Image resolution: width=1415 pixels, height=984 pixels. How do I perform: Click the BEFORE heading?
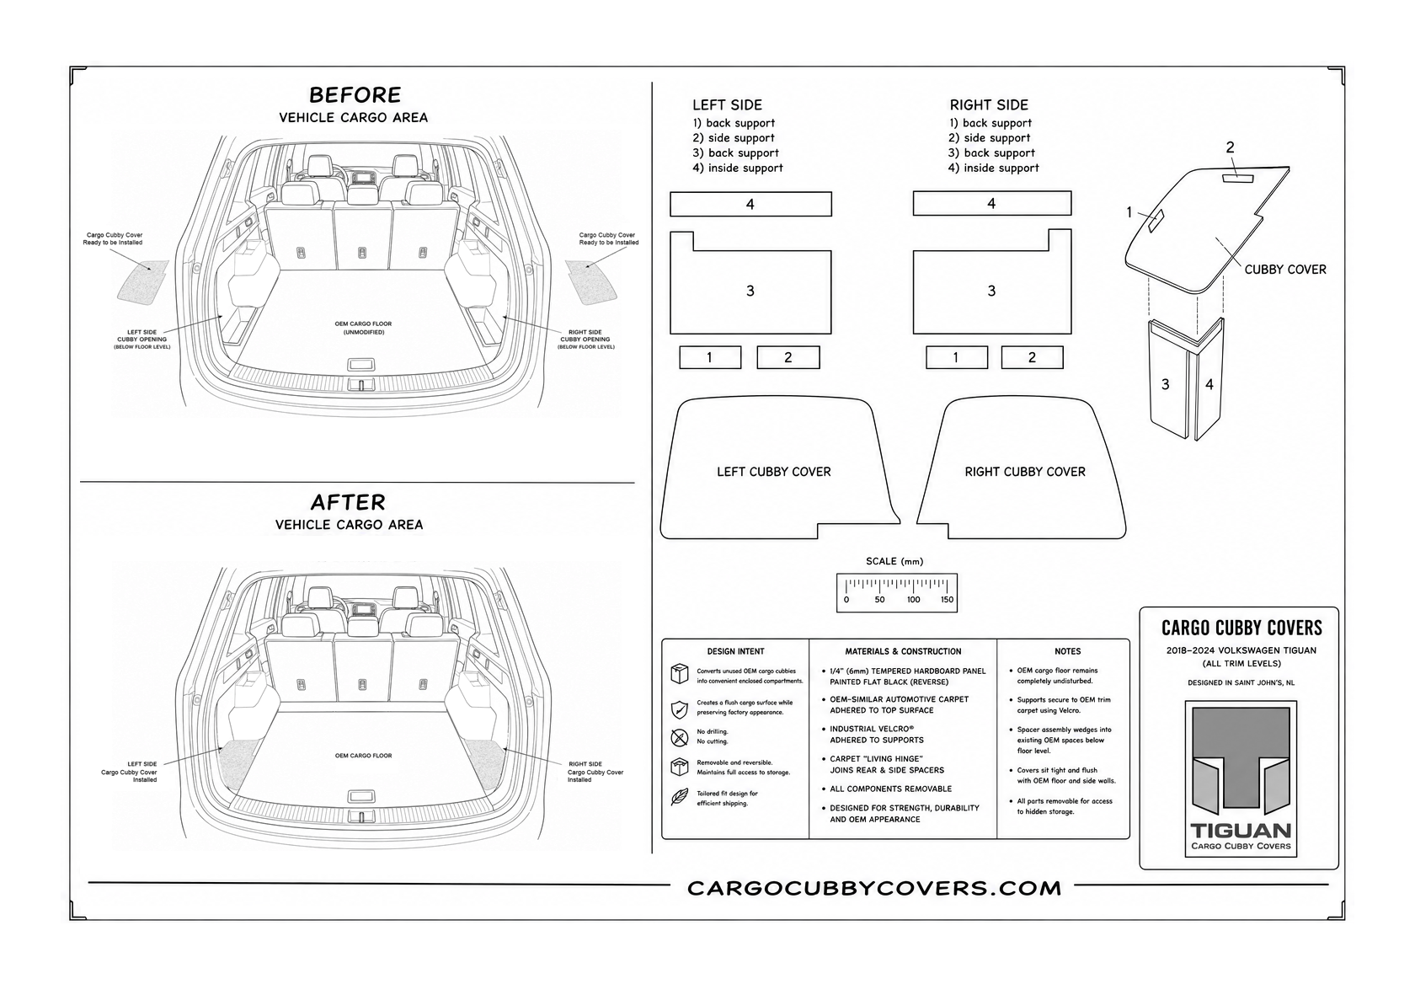tap(355, 95)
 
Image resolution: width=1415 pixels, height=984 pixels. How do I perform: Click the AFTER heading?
tap(348, 502)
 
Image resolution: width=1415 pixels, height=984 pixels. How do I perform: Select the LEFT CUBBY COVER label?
tap(774, 472)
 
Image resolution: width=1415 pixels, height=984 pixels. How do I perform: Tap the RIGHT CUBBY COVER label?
tap(1024, 472)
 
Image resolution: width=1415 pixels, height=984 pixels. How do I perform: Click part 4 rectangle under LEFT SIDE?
tap(750, 204)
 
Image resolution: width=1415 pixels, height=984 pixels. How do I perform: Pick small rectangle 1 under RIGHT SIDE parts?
tap(957, 357)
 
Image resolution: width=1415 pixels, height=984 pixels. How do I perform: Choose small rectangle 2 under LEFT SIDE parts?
tap(788, 357)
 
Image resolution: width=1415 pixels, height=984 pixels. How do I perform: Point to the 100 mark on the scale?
tap(913, 600)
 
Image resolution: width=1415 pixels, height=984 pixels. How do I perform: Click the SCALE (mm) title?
tap(894, 561)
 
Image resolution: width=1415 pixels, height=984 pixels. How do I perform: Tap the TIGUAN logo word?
tap(1241, 831)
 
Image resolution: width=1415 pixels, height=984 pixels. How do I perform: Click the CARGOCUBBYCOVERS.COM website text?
tap(874, 888)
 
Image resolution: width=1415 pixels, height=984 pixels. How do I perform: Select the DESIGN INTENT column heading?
tap(735, 651)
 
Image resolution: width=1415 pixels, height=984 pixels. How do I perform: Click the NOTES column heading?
tap(1068, 651)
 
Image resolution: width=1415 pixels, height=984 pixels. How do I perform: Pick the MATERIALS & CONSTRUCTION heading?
tap(903, 651)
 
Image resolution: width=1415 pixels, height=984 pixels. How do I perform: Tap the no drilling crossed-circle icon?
tap(679, 737)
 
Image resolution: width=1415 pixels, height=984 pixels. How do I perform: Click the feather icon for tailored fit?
tap(679, 797)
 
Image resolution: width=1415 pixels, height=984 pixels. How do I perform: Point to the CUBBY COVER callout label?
tap(1285, 270)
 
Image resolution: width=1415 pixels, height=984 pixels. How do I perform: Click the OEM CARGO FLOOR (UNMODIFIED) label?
tap(363, 328)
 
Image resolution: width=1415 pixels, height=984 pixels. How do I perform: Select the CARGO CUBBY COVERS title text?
tap(1241, 628)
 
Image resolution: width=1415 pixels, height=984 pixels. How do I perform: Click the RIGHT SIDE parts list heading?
tap(989, 105)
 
